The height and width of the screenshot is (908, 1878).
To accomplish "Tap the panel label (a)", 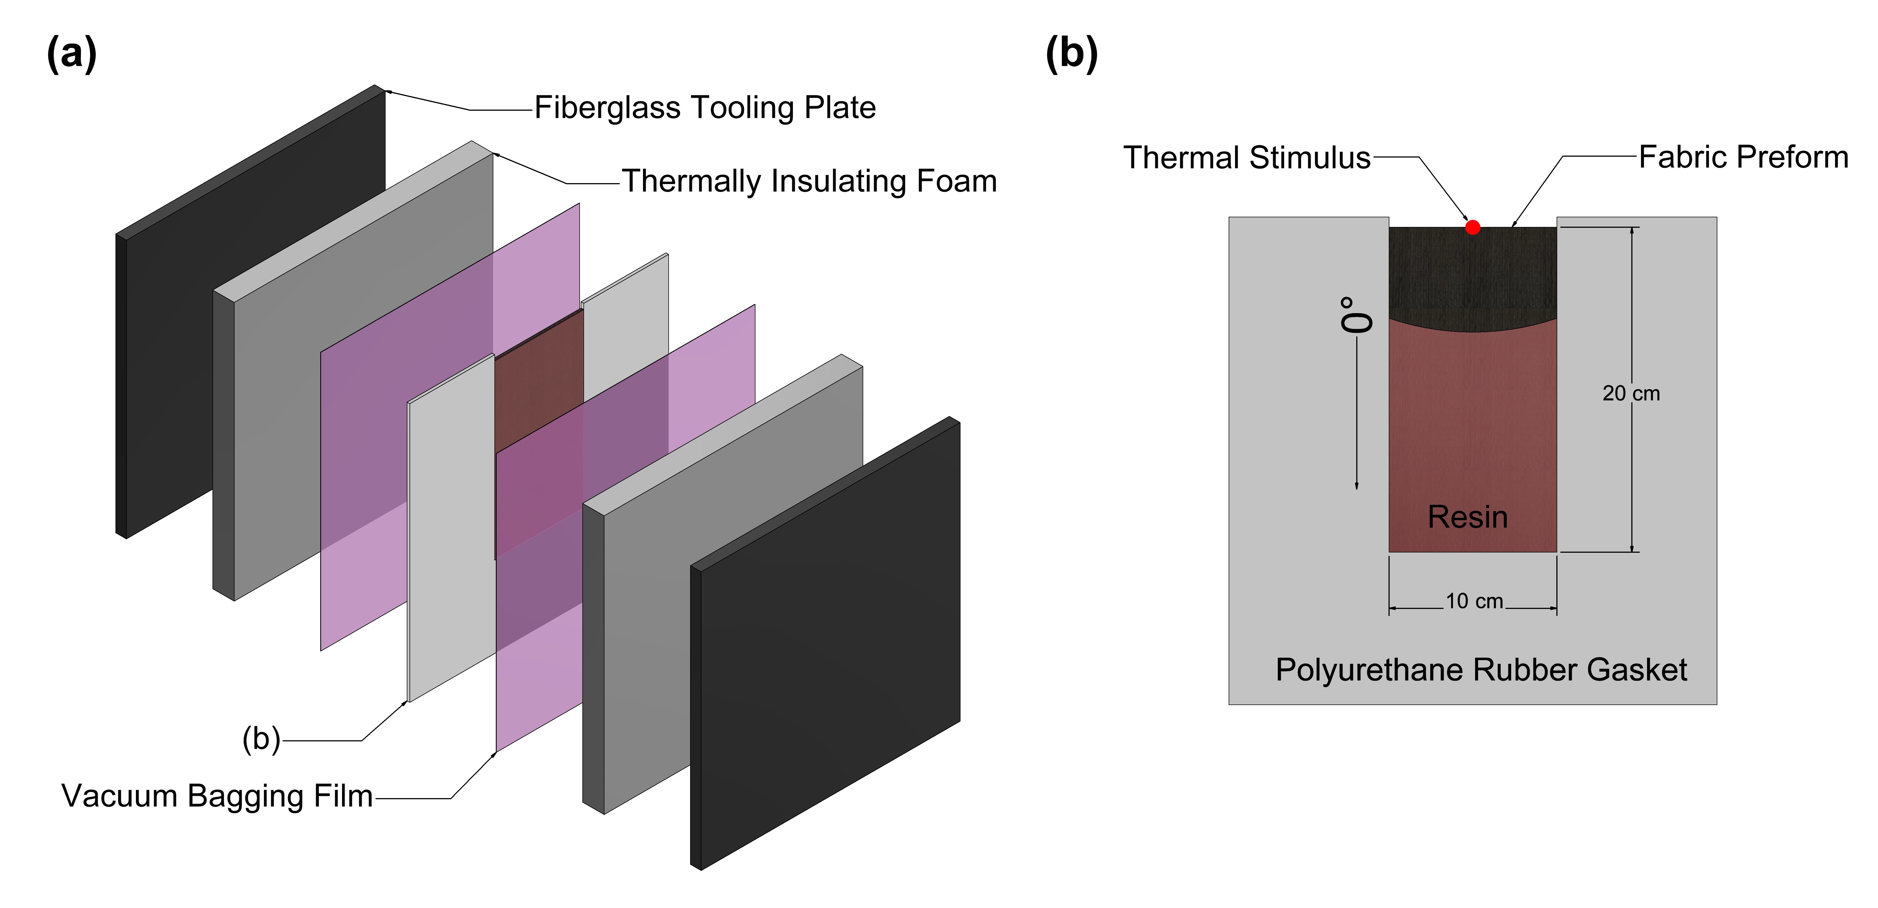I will click(x=71, y=53).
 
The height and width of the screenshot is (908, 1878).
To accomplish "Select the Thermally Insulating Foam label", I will click(x=809, y=181).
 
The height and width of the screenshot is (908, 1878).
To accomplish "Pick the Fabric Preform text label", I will click(x=1743, y=158).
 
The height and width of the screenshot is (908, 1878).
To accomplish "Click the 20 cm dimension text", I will click(x=1631, y=394).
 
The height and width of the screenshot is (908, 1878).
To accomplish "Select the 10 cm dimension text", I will click(x=1474, y=601).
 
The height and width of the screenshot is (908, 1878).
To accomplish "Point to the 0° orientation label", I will click(x=1356, y=315).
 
